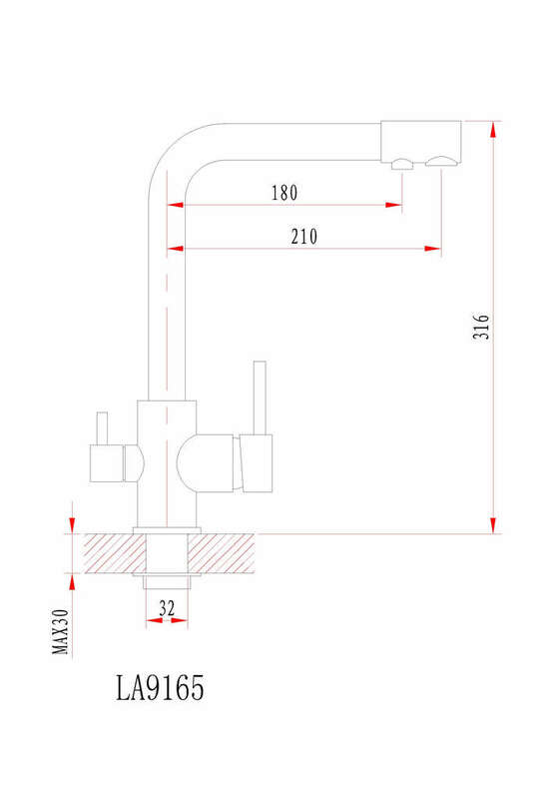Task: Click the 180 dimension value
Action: click(x=284, y=193)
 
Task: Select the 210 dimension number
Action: click(x=304, y=237)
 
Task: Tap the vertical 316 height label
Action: click(x=481, y=327)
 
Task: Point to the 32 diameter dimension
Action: click(x=167, y=608)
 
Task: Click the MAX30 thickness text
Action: click(x=61, y=632)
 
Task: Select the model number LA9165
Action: click(x=160, y=687)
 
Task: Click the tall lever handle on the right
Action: click(x=260, y=398)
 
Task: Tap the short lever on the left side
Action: click(x=103, y=428)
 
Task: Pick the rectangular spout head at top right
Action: click(x=421, y=142)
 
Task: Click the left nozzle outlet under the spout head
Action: click(x=402, y=164)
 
